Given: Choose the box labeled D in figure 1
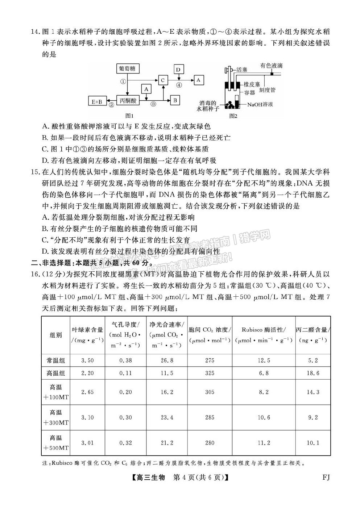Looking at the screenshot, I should click(x=178, y=69).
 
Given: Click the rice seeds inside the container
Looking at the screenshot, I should click(x=229, y=105).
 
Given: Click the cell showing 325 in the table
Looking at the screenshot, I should click(x=210, y=373).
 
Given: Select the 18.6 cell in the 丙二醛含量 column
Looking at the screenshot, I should click(x=313, y=373).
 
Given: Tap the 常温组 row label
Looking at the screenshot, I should click(x=56, y=360).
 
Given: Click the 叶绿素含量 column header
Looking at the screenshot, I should click(x=87, y=335).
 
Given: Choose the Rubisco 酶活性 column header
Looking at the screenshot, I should click(x=264, y=335).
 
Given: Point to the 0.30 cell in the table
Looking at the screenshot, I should click(x=125, y=418).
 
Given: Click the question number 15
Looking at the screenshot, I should click(x=35, y=172).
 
